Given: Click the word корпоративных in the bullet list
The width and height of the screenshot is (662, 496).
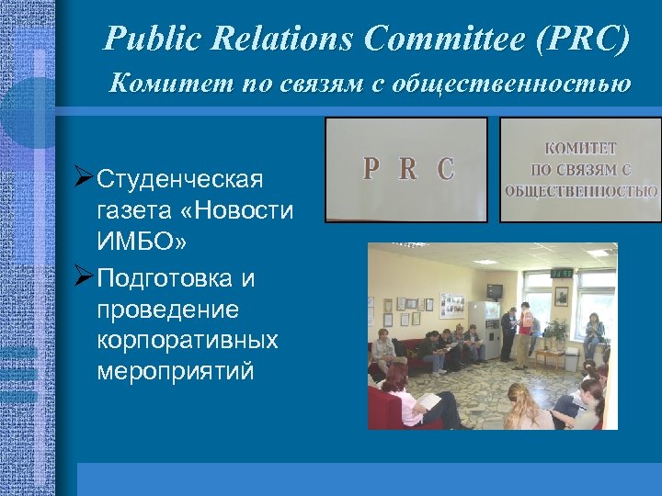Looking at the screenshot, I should [x=187, y=340].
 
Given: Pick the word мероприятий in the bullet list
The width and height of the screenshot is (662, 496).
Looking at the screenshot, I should [x=176, y=372].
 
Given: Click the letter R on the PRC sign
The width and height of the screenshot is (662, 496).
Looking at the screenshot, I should [x=408, y=169].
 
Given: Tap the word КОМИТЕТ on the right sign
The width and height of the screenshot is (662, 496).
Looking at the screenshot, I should [x=580, y=147].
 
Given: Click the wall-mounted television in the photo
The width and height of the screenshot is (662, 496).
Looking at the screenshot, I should [x=495, y=291].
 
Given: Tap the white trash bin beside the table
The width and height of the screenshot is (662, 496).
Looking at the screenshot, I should [x=571, y=361].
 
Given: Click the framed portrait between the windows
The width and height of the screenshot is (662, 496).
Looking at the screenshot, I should [x=561, y=297].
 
